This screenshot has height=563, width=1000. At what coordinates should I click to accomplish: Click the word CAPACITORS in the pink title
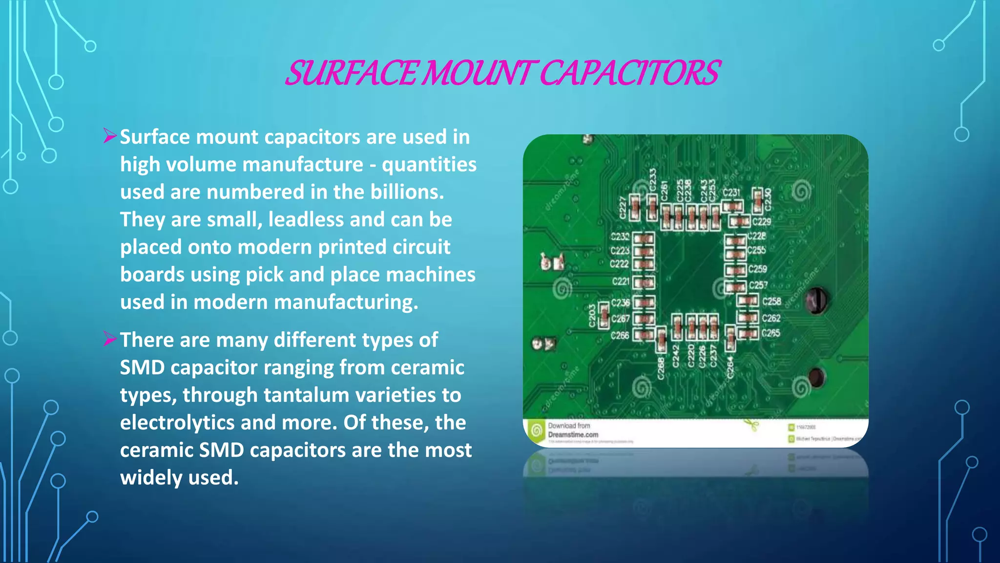coord(629,73)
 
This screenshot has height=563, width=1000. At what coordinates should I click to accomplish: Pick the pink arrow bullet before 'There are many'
coord(110,339)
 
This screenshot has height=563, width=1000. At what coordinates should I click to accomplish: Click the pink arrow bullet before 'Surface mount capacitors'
coord(110,136)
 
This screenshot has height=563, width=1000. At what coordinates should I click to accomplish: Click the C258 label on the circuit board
coord(771,302)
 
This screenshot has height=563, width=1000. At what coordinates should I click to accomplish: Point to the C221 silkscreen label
coord(621,281)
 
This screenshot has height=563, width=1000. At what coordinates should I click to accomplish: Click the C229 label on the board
coord(761,222)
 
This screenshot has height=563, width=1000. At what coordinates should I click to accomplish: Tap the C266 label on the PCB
coord(620,336)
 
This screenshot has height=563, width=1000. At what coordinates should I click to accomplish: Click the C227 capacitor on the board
coord(635,206)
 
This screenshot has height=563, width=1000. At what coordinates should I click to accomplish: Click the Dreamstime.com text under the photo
coord(573,434)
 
